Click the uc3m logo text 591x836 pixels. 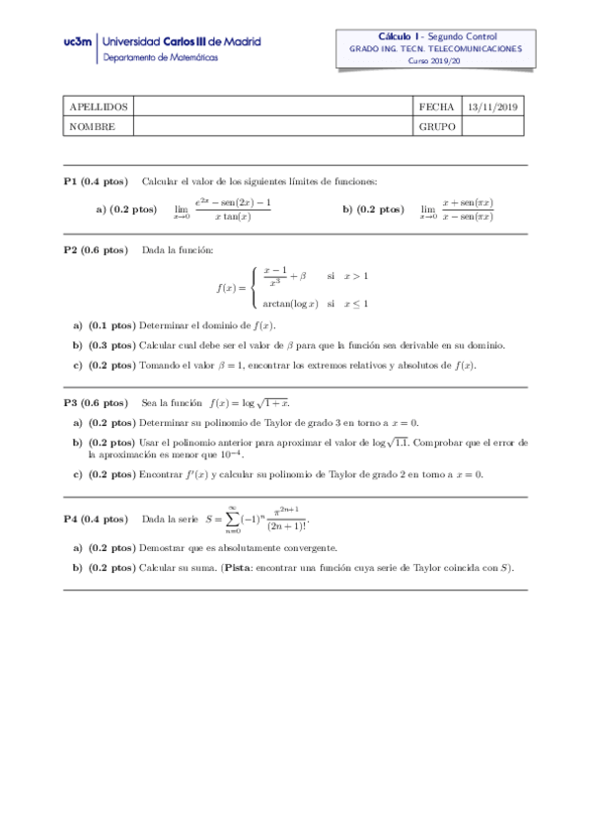pyautogui.click(x=78, y=42)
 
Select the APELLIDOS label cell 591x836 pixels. pyautogui.click(x=98, y=106)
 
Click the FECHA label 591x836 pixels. pyautogui.click(x=436, y=106)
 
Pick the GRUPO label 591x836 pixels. pyautogui.click(x=436, y=126)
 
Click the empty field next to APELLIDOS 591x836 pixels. pyautogui.click(x=271, y=106)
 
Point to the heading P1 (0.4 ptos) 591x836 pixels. pyautogui.click(x=95, y=180)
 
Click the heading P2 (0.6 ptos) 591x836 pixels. pyautogui.click(x=95, y=250)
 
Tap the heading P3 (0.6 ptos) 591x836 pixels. pyautogui.click(x=95, y=402)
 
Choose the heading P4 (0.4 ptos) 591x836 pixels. pyautogui.click(x=95, y=519)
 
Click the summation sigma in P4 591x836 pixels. pyautogui.click(x=233, y=518)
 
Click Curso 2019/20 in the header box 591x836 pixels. pyautogui.click(x=435, y=61)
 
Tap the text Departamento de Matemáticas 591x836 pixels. pyautogui.click(x=161, y=57)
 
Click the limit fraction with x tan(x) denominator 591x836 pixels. pyautogui.click(x=233, y=209)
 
